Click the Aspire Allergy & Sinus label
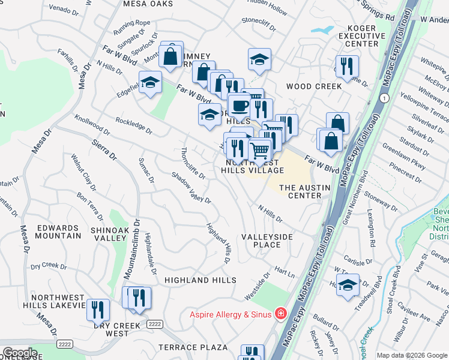point(231,314)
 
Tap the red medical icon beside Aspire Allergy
point(280,313)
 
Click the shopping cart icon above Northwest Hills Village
point(259,150)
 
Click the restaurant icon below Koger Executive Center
point(347,67)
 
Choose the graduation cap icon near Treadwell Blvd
point(348,285)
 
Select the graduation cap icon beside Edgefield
point(150,82)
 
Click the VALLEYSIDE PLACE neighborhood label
point(267,241)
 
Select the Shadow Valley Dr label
point(191,188)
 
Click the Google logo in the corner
point(19,353)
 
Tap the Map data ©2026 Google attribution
point(411,355)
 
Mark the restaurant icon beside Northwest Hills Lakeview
point(98,309)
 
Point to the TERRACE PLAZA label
point(193,347)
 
